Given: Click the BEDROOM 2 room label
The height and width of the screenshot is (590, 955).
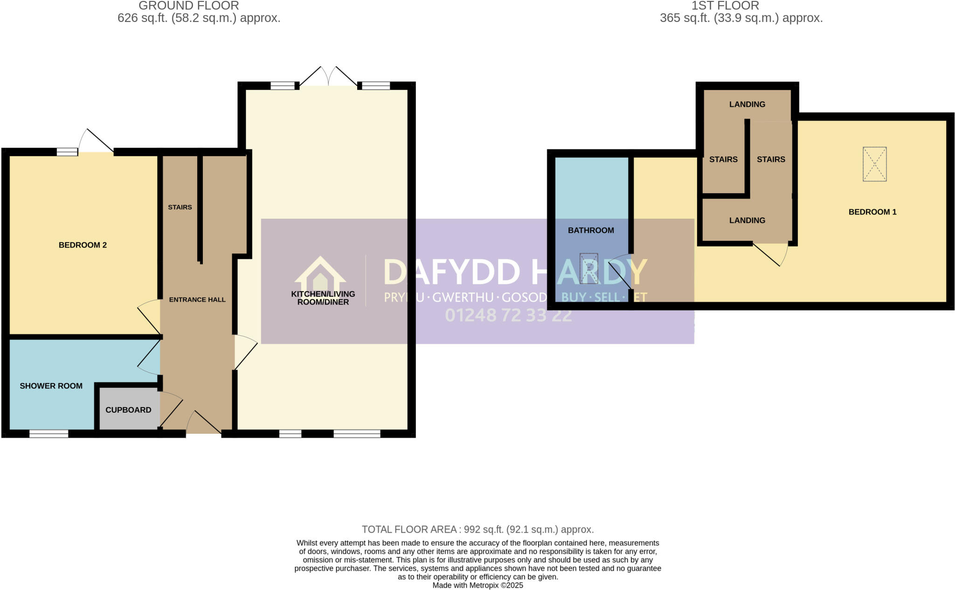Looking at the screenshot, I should click(83, 245).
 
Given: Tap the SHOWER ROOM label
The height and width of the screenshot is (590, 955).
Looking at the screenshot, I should click(51, 386).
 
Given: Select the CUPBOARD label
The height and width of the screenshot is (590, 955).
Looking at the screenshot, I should click(128, 410).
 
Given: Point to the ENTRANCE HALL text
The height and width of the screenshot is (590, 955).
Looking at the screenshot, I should click(197, 299).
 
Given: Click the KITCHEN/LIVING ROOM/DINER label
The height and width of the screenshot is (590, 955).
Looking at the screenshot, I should click(323, 298).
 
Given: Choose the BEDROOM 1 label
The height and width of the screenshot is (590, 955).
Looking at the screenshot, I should click(872, 212).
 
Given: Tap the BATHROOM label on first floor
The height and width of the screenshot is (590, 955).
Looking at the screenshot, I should click(591, 230).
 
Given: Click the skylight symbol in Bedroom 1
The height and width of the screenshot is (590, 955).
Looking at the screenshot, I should click(874, 164).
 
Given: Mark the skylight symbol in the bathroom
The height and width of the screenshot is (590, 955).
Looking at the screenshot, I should click(588, 269).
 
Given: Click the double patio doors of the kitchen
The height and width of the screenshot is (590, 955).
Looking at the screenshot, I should click(328, 77).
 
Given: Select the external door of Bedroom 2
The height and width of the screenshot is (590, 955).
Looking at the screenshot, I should click(96, 142).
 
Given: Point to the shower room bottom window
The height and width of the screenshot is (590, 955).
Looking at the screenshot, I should click(48, 434).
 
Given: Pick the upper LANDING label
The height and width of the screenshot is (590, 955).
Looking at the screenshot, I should click(747, 104).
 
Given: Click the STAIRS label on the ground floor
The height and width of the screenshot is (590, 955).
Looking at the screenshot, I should click(180, 207).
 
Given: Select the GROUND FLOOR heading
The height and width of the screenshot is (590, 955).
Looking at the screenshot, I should click(188, 6).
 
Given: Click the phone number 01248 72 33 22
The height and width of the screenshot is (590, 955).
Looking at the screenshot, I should click(508, 315).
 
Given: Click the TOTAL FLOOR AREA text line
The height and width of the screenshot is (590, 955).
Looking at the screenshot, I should click(477, 529).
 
